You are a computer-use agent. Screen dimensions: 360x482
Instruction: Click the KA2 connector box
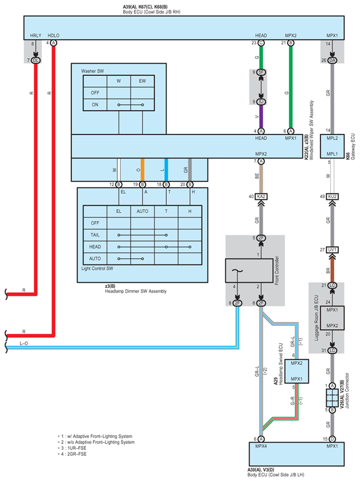[261, 196]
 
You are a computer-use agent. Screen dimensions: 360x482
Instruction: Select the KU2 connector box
[332, 196]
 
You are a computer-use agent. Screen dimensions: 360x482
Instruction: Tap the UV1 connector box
[332, 250]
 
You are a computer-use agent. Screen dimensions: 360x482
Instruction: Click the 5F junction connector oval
[261, 72]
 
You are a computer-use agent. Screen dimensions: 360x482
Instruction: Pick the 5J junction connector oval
[261, 102]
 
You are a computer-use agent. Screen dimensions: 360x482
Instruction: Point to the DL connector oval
[36, 60]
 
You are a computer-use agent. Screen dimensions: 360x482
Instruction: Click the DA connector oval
[332, 60]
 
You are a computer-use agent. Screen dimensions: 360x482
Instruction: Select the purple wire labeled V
[261, 117]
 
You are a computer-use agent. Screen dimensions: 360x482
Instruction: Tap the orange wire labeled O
[143, 170]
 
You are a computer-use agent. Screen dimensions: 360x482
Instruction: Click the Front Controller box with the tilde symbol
[249, 271]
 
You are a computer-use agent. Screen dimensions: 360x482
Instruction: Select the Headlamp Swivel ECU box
[297, 371]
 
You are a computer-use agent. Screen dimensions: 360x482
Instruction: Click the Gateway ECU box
[332, 146]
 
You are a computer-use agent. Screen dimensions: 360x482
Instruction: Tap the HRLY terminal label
[36, 36]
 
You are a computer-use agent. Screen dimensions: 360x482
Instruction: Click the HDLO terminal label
[53, 36]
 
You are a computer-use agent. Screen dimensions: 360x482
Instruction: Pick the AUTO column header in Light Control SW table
[143, 211]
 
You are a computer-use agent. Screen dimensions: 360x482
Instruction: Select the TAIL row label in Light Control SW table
[95, 235]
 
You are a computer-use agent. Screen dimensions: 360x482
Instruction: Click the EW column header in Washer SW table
[143, 81]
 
